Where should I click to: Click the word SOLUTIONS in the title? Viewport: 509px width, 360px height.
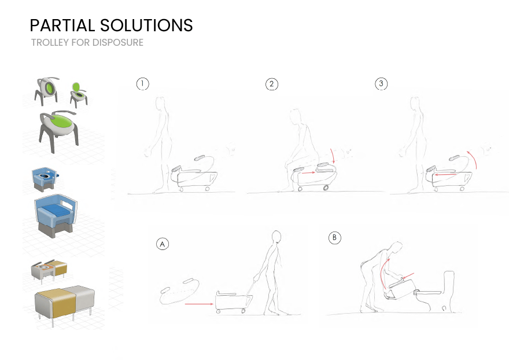pos(146,25)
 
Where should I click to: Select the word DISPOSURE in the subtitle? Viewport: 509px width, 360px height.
pos(117,43)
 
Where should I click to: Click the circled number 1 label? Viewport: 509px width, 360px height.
pos(142,84)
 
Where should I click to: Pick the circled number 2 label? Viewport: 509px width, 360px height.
pos(272,84)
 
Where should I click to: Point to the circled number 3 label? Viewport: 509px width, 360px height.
pos(381,83)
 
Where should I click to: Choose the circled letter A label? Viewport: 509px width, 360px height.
pos(163,244)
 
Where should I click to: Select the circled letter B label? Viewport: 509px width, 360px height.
pos(335,237)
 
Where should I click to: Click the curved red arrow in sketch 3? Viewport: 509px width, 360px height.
pos(475,159)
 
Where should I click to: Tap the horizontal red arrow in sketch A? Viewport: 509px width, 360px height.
pos(199,304)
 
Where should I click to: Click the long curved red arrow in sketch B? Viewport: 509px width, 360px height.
pos(383,273)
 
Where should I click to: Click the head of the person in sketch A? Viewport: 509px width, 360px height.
pos(276,236)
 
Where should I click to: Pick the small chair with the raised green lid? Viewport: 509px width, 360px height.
pos(78,94)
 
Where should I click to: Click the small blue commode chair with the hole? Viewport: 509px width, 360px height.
pos(46,179)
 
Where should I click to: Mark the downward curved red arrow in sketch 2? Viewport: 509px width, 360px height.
pos(333,156)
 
